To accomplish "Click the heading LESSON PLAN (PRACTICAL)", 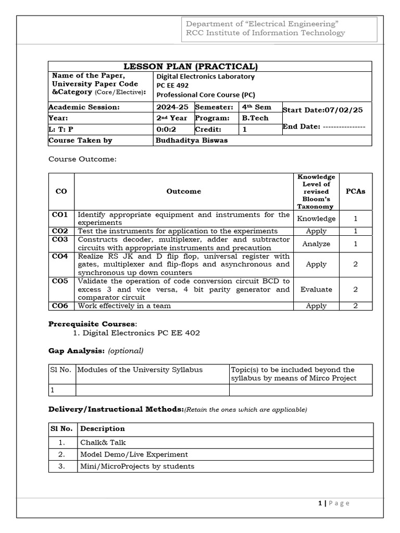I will tap(190, 66).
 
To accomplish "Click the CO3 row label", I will tap(61, 239).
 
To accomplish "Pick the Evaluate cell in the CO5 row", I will tap(316, 289).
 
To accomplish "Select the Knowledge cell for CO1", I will tap(316, 219).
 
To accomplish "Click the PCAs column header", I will tap(356, 191).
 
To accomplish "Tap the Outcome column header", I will tap(183, 191).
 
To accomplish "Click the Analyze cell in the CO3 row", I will tap(316, 244).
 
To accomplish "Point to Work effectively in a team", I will tap(124, 306).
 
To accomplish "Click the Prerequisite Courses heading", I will tap(92, 324).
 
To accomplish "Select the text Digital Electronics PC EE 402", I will tap(141, 333).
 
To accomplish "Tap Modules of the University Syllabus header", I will tap(140, 370).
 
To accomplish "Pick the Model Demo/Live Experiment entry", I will tap(134, 454).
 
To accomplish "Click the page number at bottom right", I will tap(333, 503).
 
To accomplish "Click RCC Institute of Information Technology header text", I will tap(265, 33).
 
